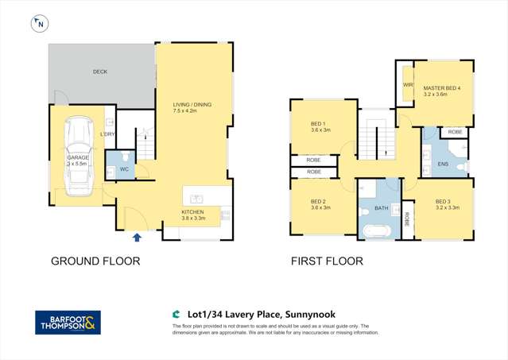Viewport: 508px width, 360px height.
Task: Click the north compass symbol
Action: (x=39, y=25)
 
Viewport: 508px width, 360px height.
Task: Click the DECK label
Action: (x=99, y=72)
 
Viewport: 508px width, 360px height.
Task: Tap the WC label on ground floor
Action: (x=124, y=169)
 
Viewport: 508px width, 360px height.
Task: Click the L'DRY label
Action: (x=108, y=134)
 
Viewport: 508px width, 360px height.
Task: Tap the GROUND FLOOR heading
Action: (x=95, y=261)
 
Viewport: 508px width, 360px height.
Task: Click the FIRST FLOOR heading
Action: (x=327, y=261)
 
